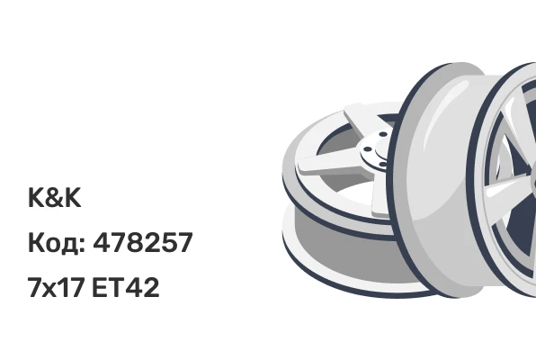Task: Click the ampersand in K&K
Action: [x=54, y=198]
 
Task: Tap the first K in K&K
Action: [x=36, y=198]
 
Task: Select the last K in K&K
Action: [x=73, y=198]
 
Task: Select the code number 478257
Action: [x=143, y=243]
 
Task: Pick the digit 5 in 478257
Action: [x=167, y=243]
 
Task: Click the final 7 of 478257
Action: [x=184, y=243]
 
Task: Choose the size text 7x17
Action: [x=56, y=287]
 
